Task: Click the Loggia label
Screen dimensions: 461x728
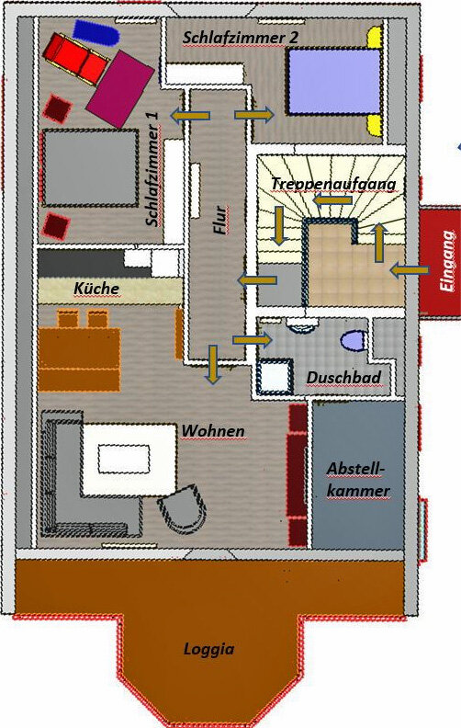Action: click(208, 649)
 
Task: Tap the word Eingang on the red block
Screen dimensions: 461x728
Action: click(447, 261)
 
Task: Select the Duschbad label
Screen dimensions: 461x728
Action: click(343, 378)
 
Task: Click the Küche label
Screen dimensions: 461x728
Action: click(96, 289)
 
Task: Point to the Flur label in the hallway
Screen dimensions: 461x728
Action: click(220, 220)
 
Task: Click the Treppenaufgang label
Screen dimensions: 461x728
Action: click(333, 184)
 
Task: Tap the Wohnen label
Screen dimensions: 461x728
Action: click(213, 431)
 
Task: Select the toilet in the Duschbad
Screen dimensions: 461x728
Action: click(354, 340)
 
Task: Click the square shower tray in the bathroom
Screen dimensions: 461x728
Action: click(274, 377)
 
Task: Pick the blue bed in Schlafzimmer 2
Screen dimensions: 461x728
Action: click(334, 82)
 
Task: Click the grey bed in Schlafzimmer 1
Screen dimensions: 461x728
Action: click(90, 168)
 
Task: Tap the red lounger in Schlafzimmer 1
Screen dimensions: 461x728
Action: click(76, 59)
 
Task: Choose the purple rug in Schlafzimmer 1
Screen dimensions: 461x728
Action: click(120, 88)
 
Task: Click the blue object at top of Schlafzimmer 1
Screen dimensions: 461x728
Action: click(96, 32)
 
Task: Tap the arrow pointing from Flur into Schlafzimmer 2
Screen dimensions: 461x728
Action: click(254, 114)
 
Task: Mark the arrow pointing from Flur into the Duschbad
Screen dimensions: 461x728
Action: click(252, 340)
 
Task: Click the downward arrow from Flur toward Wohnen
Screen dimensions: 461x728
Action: click(213, 365)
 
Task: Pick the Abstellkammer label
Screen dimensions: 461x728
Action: click(358, 479)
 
